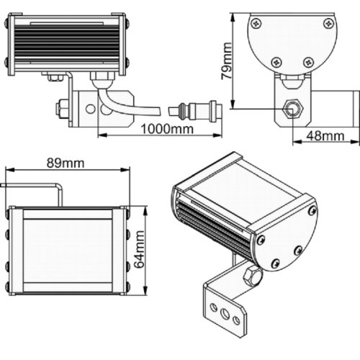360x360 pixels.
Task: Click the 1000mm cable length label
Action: tap(167, 129)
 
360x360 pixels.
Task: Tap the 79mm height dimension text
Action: tap(227, 61)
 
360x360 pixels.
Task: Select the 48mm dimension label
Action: tap(325, 136)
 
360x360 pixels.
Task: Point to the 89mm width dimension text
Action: tap(66, 163)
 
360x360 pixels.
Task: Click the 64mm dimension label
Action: tap(139, 249)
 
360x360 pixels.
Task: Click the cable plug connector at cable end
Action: tap(195, 110)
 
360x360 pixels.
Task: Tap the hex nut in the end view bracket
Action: tap(292, 109)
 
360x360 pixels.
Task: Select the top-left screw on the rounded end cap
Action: tap(256, 23)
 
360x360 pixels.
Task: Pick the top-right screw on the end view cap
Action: tap(329, 23)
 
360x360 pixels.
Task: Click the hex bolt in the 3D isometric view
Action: tap(252, 276)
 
